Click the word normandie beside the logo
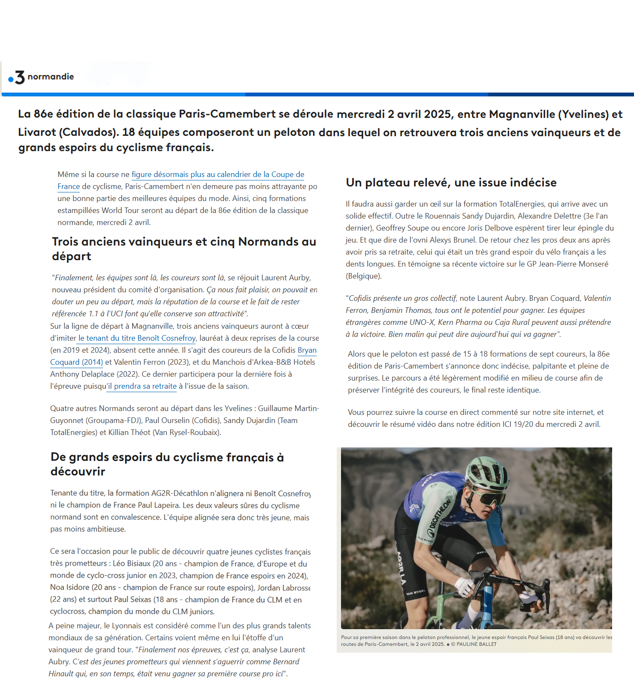[x=51, y=77]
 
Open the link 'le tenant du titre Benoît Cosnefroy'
[x=137, y=338]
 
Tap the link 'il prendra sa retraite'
[x=142, y=386]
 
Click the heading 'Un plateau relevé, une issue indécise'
[x=451, y=183]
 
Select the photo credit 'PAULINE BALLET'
[x=476, y=644]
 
